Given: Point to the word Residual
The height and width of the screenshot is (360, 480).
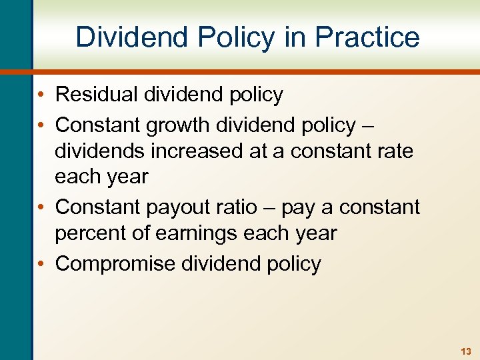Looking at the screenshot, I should click(97, 95).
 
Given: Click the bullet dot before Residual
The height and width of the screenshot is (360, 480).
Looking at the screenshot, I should click(43, 95).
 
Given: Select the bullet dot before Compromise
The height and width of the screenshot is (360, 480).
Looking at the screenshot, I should click(43, 264).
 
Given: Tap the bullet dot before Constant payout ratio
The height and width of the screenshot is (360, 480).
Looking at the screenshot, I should click(43, 207).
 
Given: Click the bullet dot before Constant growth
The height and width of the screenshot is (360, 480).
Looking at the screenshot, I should click(43, 125).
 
